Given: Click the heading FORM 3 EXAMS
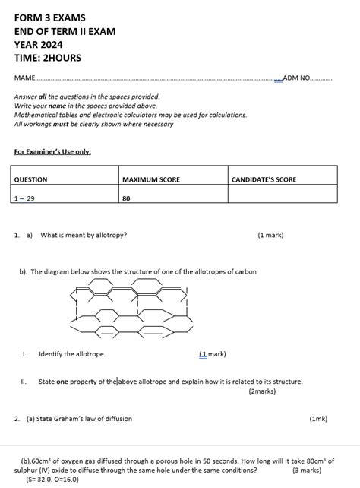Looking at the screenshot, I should [x=49, y=17].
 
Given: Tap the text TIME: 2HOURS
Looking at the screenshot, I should [x=47, y=59].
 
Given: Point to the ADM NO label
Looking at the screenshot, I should [x=296, y=78].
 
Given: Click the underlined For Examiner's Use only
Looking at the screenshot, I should [x=52, y=151].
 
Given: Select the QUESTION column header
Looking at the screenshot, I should [x=30, y=179].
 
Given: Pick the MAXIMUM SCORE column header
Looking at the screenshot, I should [x=151, y=179].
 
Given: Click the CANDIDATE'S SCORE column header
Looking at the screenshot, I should [x=264, y=179].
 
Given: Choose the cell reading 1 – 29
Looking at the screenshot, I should [x=24, y=198].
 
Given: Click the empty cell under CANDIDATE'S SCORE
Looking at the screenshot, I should [x=282, y=196].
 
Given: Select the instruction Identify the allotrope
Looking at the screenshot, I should [x=72, y=354].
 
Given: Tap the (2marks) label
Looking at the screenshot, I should [x=262, y=391].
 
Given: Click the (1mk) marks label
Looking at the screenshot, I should [x=318, y=419].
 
